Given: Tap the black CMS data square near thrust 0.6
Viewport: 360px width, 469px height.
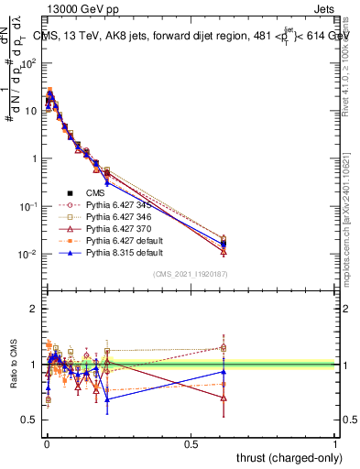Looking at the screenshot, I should pos(224,244).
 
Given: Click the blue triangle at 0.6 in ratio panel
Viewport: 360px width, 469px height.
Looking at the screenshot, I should pos(224,371).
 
